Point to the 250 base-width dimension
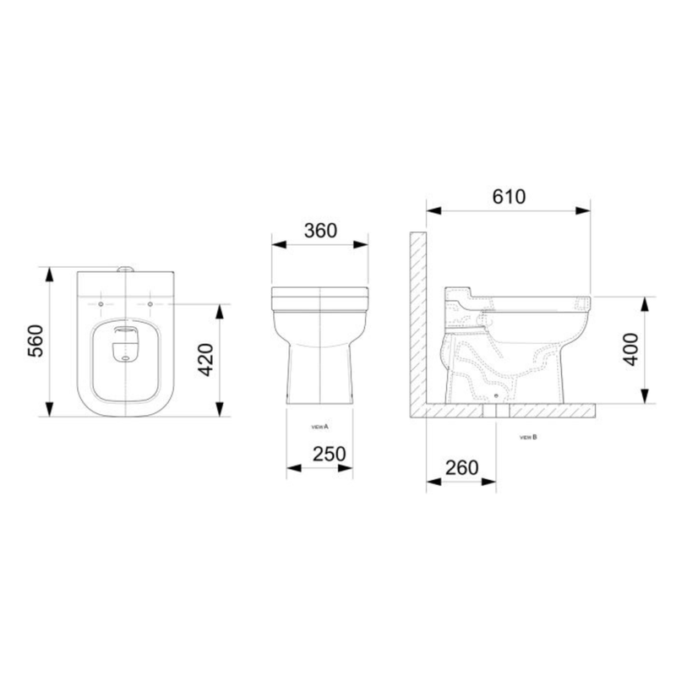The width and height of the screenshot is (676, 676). pos(329,453)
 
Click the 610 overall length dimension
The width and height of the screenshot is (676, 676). pos(508,196)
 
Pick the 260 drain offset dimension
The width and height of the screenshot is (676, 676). pos(461,467)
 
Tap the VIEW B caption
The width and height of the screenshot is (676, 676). pos(529,437)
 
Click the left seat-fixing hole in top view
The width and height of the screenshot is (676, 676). pos(101,303)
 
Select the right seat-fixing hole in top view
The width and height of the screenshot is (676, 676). pos(150,303)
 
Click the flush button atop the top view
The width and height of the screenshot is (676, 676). pos(125,270)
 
